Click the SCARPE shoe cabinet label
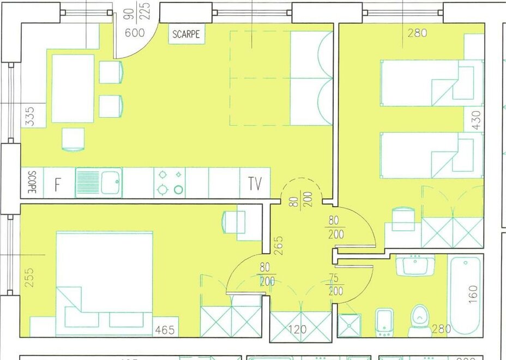186,34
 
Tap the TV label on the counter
255,184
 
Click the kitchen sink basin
112,182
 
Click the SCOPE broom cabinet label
32,182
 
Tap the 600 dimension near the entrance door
135,33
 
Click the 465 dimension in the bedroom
165,330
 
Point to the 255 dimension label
29,277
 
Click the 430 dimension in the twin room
477,121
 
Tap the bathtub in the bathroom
466,295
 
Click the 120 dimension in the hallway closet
296,329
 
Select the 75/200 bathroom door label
335,284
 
